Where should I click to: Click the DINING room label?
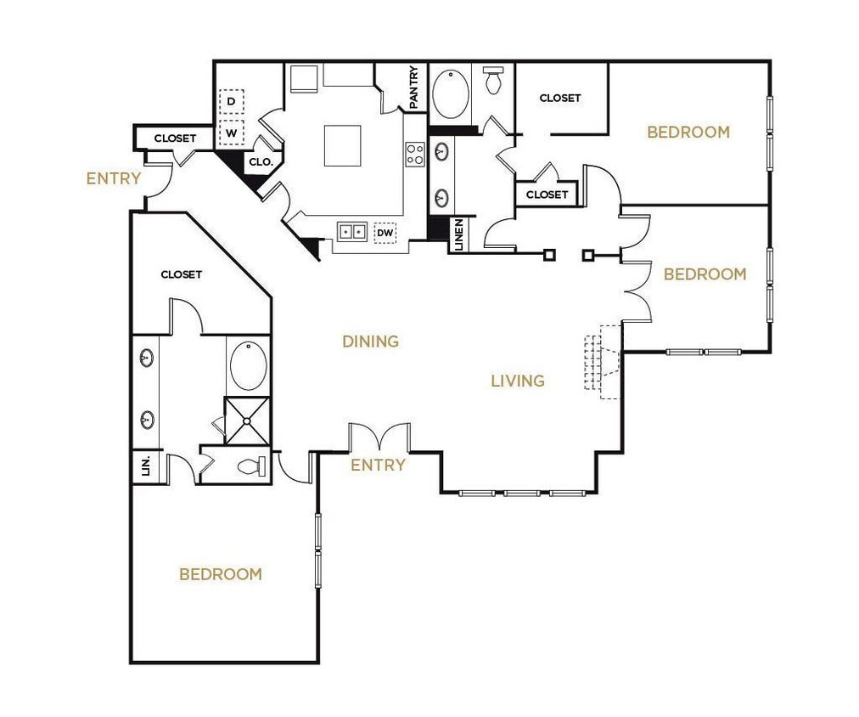(370, 342)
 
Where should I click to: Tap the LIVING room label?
(518, 381)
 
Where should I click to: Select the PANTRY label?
(414, 88)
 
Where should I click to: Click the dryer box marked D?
(231, 102)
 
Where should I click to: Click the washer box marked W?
(231, 133)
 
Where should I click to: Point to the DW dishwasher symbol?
(385, 232)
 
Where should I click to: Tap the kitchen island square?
(342, 145)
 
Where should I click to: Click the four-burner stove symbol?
(415, 155)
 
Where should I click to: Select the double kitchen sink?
(351, 231)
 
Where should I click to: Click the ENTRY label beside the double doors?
(378, 466)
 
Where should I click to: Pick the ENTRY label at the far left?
(114, 179)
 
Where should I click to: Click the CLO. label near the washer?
(259, 162)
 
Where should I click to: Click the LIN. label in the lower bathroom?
(145, 466)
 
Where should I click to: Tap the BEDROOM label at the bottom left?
(221, 574)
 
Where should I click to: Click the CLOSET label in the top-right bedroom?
(560, 98)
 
